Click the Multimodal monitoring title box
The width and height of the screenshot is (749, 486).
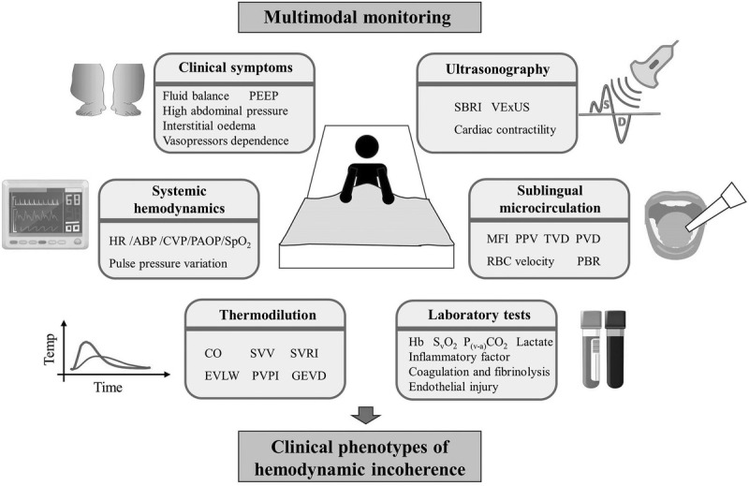[360, 18]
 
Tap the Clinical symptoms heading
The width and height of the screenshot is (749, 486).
[236, 67]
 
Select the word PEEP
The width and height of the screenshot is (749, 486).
[263, 96]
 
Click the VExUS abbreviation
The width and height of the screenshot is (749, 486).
[510, 107]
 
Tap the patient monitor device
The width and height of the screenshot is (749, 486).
[45, 214]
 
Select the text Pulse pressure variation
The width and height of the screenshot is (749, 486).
[168, 264]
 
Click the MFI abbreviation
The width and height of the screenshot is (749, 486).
[497, 239]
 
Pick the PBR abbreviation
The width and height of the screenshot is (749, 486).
[588, 261]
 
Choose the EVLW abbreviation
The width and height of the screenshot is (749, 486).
[222, 376]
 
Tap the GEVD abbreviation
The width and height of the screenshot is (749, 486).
[309, 376]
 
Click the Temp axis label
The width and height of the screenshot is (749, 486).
[50, 349]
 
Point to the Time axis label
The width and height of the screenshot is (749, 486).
[108, 387]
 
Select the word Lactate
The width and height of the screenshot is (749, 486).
[535, 342]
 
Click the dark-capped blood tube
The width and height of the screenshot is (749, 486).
[615, 349]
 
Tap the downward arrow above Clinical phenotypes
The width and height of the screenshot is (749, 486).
[366, 415]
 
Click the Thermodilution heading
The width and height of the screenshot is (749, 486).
[268, 315]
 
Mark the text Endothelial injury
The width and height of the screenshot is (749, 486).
[453, 387]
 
